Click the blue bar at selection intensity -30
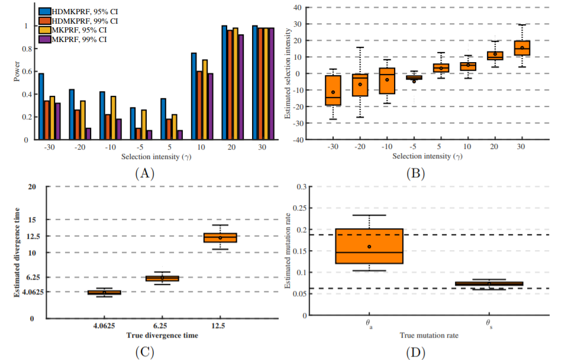click(41, 106)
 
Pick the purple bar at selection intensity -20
click(88, 134)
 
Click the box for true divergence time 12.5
click(220, 238)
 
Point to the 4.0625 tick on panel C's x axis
click(105, 326)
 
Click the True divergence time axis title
click(162, 335)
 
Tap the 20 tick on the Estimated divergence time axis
click(31, 187)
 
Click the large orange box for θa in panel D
click(369, 246)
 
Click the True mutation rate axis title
click(429, 335)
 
